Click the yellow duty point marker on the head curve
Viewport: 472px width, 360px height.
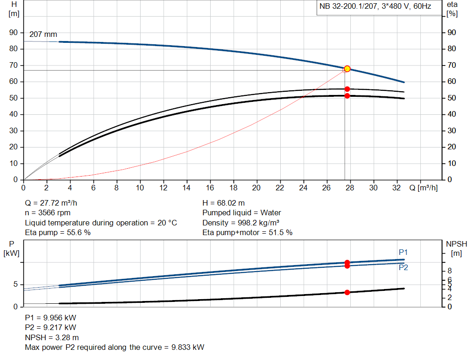pos(347,69)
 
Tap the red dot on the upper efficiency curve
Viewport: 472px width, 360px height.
pos(347,89)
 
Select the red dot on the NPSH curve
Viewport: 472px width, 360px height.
pos(347,292)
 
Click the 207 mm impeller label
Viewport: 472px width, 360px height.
pos(43,35)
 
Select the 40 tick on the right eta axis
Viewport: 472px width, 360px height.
pos(452,114)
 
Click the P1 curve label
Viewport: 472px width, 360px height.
pos(403,252)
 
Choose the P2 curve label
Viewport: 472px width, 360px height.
pos(403,267)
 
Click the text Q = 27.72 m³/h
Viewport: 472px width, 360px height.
pos(54,203)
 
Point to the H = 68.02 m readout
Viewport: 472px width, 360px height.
pos(224,203)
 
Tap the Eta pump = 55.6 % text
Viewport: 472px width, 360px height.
pos(58,232)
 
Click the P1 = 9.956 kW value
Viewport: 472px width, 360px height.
pos(51,318)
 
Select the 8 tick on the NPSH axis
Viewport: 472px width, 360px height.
pos(449,270)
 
